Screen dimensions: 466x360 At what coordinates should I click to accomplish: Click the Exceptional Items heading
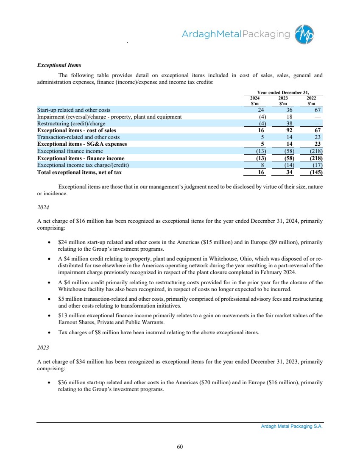59,65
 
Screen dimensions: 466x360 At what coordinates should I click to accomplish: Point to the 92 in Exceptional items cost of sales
290,130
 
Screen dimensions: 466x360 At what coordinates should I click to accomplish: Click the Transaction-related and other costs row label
78,137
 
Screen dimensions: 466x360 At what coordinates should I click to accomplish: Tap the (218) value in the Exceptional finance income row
315,151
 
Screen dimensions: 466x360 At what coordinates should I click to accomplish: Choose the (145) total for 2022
315,172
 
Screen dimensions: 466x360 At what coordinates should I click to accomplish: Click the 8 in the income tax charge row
263,165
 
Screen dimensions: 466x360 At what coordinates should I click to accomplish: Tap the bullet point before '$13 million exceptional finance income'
50,315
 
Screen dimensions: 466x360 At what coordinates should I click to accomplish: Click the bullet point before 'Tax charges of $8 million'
50,333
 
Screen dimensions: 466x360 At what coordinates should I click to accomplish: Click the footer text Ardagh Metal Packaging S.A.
292,427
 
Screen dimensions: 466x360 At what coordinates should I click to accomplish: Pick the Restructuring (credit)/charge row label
71,124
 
